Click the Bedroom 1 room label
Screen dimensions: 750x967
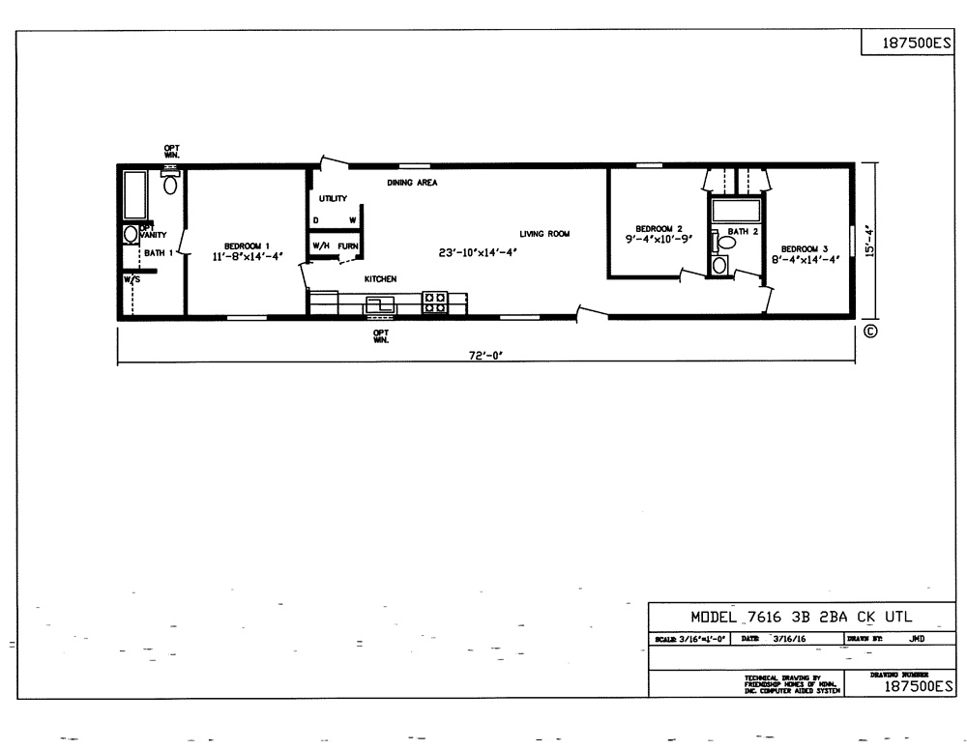(247, 245)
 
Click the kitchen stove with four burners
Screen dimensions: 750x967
(434, 303)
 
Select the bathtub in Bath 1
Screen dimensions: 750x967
(133, 196)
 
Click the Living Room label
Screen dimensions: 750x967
(544, 234)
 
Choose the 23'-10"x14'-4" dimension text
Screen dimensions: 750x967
(479, 253)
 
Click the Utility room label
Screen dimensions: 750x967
(333, 199)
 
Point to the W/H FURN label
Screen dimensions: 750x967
(336, 245)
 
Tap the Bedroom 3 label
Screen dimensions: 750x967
(805, 247)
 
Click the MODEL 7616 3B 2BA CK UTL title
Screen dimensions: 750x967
(801, 617)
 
